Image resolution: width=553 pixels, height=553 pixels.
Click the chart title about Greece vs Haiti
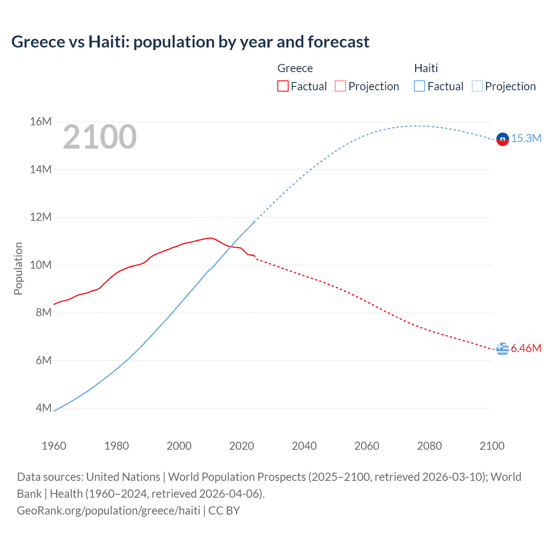pos(190,42)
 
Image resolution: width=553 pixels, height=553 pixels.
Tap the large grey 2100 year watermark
pos(100,137)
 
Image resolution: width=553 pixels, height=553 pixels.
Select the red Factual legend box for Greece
pos(283,86)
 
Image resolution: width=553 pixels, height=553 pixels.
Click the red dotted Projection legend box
pos(340,86)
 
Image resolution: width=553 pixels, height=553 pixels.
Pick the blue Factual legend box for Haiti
pos(420,86)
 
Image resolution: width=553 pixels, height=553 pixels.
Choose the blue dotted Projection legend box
pos(477,86)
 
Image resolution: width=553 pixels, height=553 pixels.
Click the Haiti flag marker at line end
pos(502,139)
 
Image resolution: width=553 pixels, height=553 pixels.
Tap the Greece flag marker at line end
pos(502,348)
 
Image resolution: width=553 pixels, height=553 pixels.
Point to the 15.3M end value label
pos(526,138)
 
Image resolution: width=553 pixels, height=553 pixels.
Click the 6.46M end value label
pos(526,348)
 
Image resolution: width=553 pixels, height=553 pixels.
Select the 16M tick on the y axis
pos(41,122)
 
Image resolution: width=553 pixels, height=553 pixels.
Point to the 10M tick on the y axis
pos(41,265)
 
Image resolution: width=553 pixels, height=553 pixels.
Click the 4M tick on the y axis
pos(43,408)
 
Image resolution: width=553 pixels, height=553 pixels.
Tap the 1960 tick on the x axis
pos(54,446)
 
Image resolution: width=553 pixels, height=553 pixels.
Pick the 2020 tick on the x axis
pos(242,446)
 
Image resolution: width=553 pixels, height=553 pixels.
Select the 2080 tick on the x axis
pos(429,446)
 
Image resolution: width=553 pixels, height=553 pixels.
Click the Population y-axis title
pos(18,268)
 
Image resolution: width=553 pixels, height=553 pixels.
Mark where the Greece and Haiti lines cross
pos(232,247)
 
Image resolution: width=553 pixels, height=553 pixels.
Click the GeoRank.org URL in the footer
pos(108,511)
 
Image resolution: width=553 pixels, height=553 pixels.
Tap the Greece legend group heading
pos(295,68)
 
